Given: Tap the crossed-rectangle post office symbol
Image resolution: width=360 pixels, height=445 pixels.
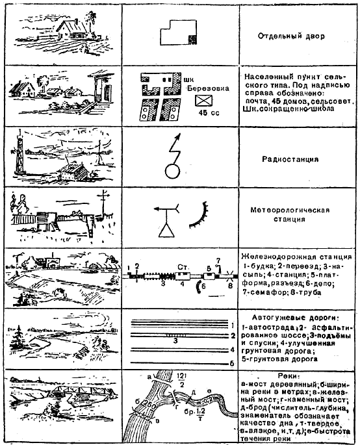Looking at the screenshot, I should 205,101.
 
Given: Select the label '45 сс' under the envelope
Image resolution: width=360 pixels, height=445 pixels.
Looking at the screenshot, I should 207,113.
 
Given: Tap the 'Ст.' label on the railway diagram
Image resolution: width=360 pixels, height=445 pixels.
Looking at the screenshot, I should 181,266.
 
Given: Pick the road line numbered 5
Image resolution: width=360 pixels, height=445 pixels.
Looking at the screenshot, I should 175,364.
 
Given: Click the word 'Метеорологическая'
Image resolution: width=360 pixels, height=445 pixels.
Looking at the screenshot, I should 290,210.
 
